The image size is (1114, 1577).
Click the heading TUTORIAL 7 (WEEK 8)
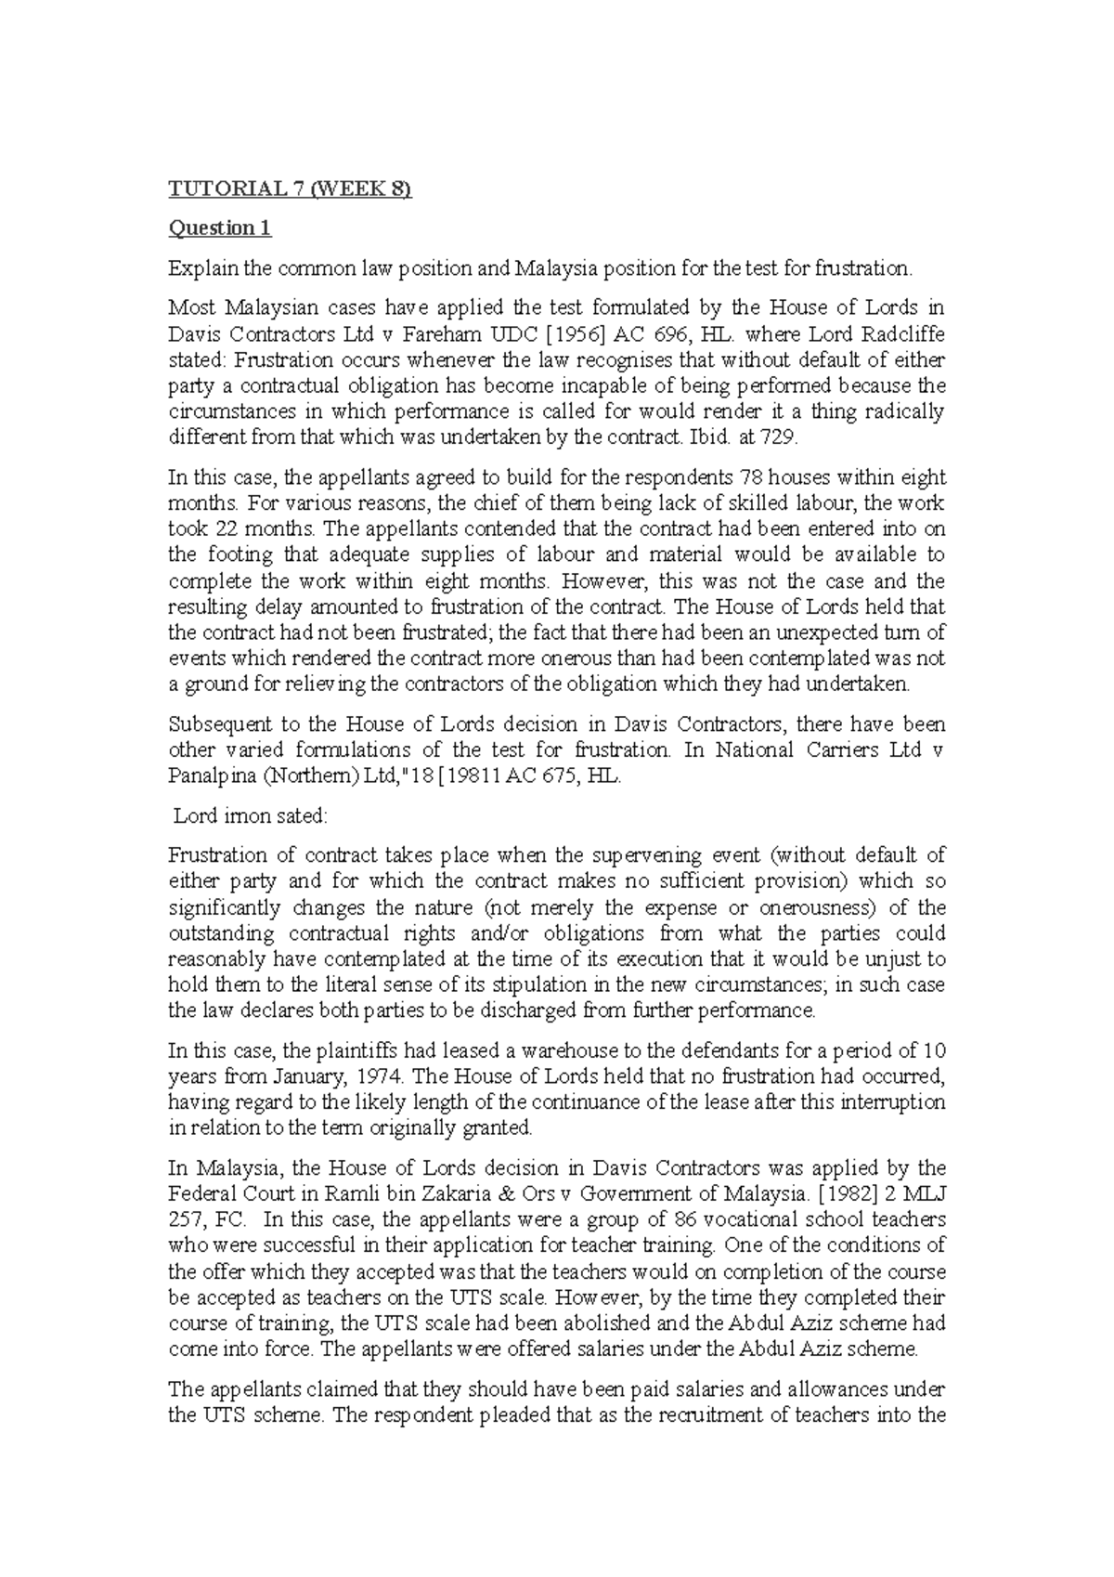[289, 189]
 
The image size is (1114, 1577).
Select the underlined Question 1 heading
[219, 228]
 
